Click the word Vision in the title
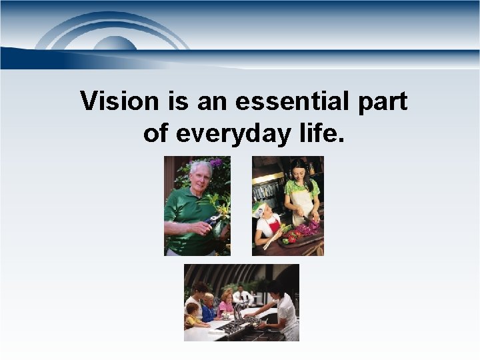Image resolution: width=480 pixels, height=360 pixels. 119,102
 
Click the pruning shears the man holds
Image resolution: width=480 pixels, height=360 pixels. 214,220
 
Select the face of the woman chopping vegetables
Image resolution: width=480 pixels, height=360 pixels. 299,171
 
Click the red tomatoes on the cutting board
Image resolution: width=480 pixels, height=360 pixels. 291,237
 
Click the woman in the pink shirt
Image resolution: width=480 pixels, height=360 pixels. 226,305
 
